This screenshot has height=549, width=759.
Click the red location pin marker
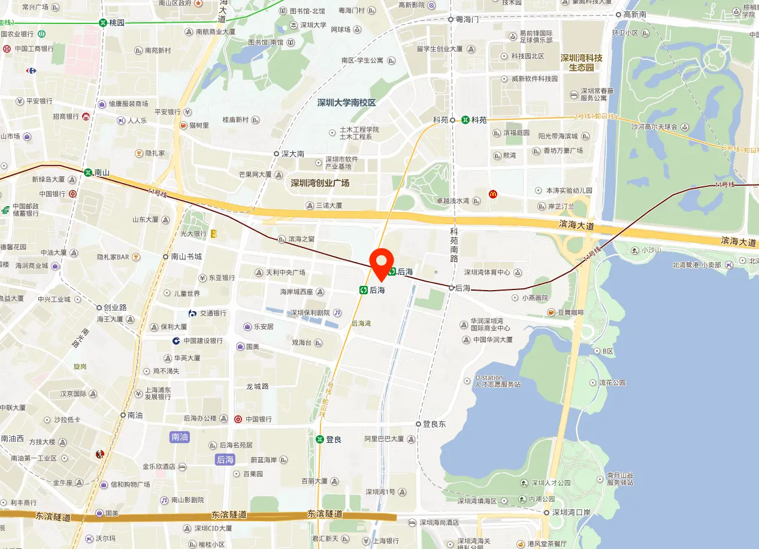[381, 264]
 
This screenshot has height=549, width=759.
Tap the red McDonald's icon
[492, 194]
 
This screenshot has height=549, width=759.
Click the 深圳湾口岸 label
[571, 512]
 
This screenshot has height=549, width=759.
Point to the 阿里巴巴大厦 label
[384, 439]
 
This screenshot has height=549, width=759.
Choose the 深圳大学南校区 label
[346, 102]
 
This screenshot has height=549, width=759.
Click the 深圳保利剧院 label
[310, 313]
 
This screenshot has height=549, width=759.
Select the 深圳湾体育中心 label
[487, 273]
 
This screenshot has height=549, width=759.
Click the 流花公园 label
[611, 382]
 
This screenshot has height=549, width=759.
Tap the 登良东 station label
[434, 424]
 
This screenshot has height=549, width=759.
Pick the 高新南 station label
[634, 14]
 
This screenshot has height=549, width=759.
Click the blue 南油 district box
[179, 437]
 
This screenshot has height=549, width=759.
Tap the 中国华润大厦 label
[492, 340]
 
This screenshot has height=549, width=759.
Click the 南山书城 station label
[186, 257]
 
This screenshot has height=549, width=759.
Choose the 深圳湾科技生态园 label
[581, 63]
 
